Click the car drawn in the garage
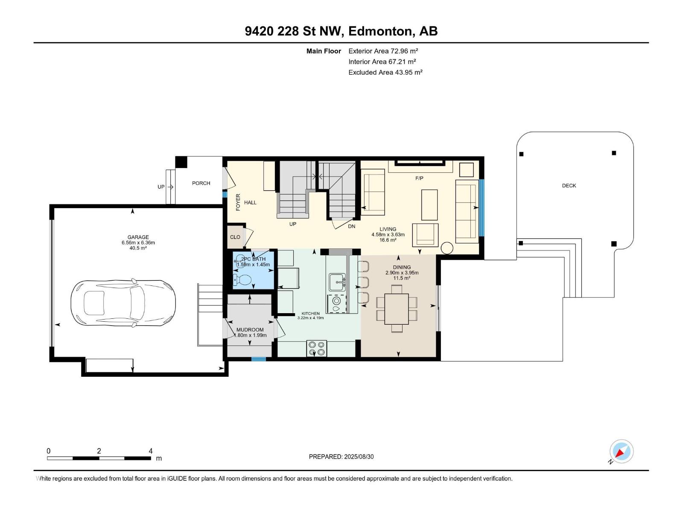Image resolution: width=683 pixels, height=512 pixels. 123,303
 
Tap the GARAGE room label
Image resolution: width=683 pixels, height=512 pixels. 138,237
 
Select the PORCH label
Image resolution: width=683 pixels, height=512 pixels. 201,183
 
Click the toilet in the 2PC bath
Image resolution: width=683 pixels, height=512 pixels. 242,280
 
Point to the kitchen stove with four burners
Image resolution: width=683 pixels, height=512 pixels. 317,348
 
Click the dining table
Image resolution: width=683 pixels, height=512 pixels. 397,308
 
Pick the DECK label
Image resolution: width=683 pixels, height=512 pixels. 569,186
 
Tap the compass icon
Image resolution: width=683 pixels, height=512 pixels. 622,451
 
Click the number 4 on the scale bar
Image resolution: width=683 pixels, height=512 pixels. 151,451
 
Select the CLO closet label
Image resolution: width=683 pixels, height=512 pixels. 235,237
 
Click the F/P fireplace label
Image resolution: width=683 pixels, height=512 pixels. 419,178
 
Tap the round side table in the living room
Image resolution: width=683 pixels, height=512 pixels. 447,248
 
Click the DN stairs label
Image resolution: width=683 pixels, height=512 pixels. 352,226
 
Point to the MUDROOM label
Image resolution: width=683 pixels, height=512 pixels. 250,329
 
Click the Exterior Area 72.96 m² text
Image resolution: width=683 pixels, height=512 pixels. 383,51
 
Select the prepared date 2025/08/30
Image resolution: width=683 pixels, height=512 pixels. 359,457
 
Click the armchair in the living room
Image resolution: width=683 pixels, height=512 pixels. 425,235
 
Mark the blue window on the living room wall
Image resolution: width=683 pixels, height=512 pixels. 482,208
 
